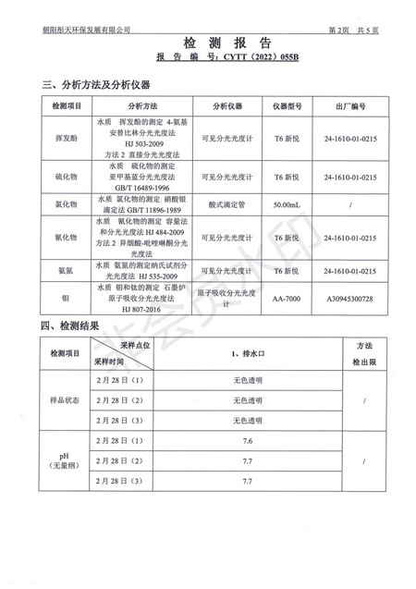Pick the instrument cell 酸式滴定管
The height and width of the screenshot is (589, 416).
(226, 202)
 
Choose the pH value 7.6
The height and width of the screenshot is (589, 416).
(248, 440)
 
